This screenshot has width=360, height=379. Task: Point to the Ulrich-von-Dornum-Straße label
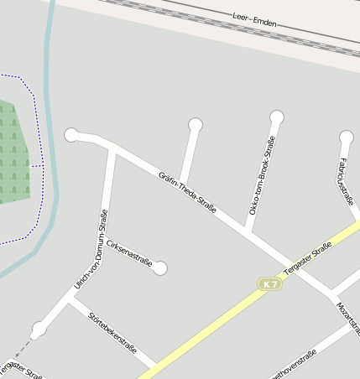(92, 249)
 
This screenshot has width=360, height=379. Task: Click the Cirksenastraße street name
(129, 254)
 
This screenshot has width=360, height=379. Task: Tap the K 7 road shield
(269, 284)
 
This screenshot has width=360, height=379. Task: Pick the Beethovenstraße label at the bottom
(290, 366)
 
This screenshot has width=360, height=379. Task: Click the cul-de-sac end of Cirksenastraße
(160, 268)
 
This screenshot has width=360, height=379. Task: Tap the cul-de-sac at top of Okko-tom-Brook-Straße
(276, 117)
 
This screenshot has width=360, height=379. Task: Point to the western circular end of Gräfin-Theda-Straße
(71, 134)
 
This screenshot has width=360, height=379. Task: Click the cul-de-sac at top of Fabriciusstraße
(346, 137)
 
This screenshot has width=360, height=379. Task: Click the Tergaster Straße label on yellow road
(308, 257)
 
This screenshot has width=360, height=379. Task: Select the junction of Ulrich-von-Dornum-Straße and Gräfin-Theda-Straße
(112, 149)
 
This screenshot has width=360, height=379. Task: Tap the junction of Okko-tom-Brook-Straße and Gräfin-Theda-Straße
(248, 231)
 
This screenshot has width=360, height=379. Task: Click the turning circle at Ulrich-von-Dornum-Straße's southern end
(38, 330)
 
